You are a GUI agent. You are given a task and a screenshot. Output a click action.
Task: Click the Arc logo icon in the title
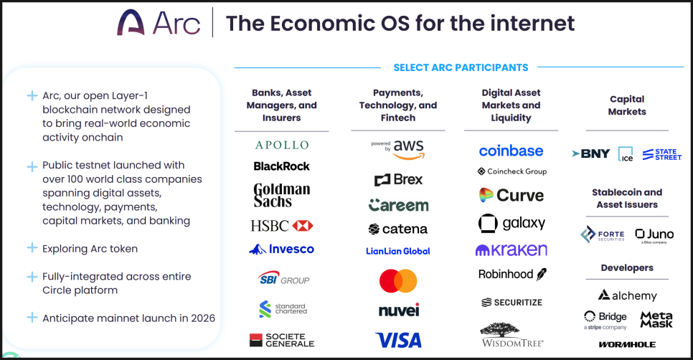pyautogui.click(x=131, y=22)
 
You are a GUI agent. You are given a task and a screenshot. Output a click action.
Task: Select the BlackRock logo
pyautogui.click(x=281, y=166)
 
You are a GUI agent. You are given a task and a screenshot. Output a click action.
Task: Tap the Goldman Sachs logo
pyautogui.click(x=281, y=195)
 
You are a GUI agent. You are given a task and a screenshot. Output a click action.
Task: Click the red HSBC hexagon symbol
pyautogui.click(x=303, y=226)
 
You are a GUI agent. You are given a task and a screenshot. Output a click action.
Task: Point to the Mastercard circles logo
pyautogui.click(x=398, y=281)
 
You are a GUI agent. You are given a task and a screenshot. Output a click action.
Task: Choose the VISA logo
pyautogui.click(x=398, y=341)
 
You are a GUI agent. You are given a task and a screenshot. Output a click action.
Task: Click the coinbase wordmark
pyautogui.click(x=511, y=151)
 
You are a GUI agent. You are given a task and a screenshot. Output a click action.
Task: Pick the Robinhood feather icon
pyautogui.click(x=542, y=275)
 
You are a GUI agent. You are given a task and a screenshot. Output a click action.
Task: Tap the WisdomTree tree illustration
pyautogui.click(x=499, y=330)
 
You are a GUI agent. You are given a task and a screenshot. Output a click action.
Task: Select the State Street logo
pyautogui.click(x=661, y=154)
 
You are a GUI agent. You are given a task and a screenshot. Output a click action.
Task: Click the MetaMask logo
pyautogui.click(x=656, y=319)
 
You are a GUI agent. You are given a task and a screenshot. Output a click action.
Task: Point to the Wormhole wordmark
pyautogui.click(x=627, y=344)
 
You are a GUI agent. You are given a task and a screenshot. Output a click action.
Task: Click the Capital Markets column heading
pyautogui.click(x=627, y=105)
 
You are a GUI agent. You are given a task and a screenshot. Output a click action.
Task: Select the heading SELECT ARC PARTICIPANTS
pyautogui.click(x=461, y=67)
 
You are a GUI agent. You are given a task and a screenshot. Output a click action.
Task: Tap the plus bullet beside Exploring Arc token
pyautogui.click(x=32, y=247)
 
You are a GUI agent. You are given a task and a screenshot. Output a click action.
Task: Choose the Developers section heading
pyautogui.click(x=627, y=267)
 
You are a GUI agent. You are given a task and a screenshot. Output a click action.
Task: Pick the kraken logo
pyautogui.click(x=511, y=250)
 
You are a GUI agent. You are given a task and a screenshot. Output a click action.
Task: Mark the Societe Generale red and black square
pyautogui.click(x=256, y=340)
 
